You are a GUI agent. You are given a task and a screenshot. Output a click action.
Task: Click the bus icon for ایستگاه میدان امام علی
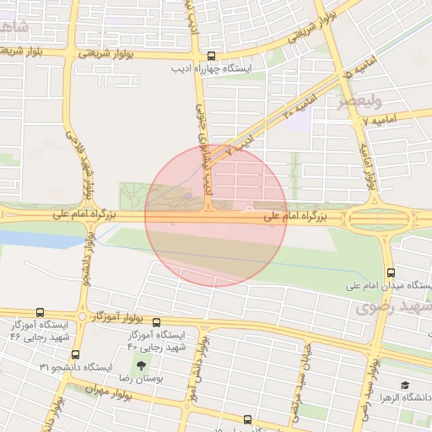[391, 273]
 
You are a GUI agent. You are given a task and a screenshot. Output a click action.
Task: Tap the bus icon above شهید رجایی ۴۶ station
[40, 313]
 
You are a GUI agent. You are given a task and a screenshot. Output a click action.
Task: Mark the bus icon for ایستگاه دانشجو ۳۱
[76, 354]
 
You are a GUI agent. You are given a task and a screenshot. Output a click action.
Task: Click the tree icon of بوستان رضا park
[140, 365]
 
